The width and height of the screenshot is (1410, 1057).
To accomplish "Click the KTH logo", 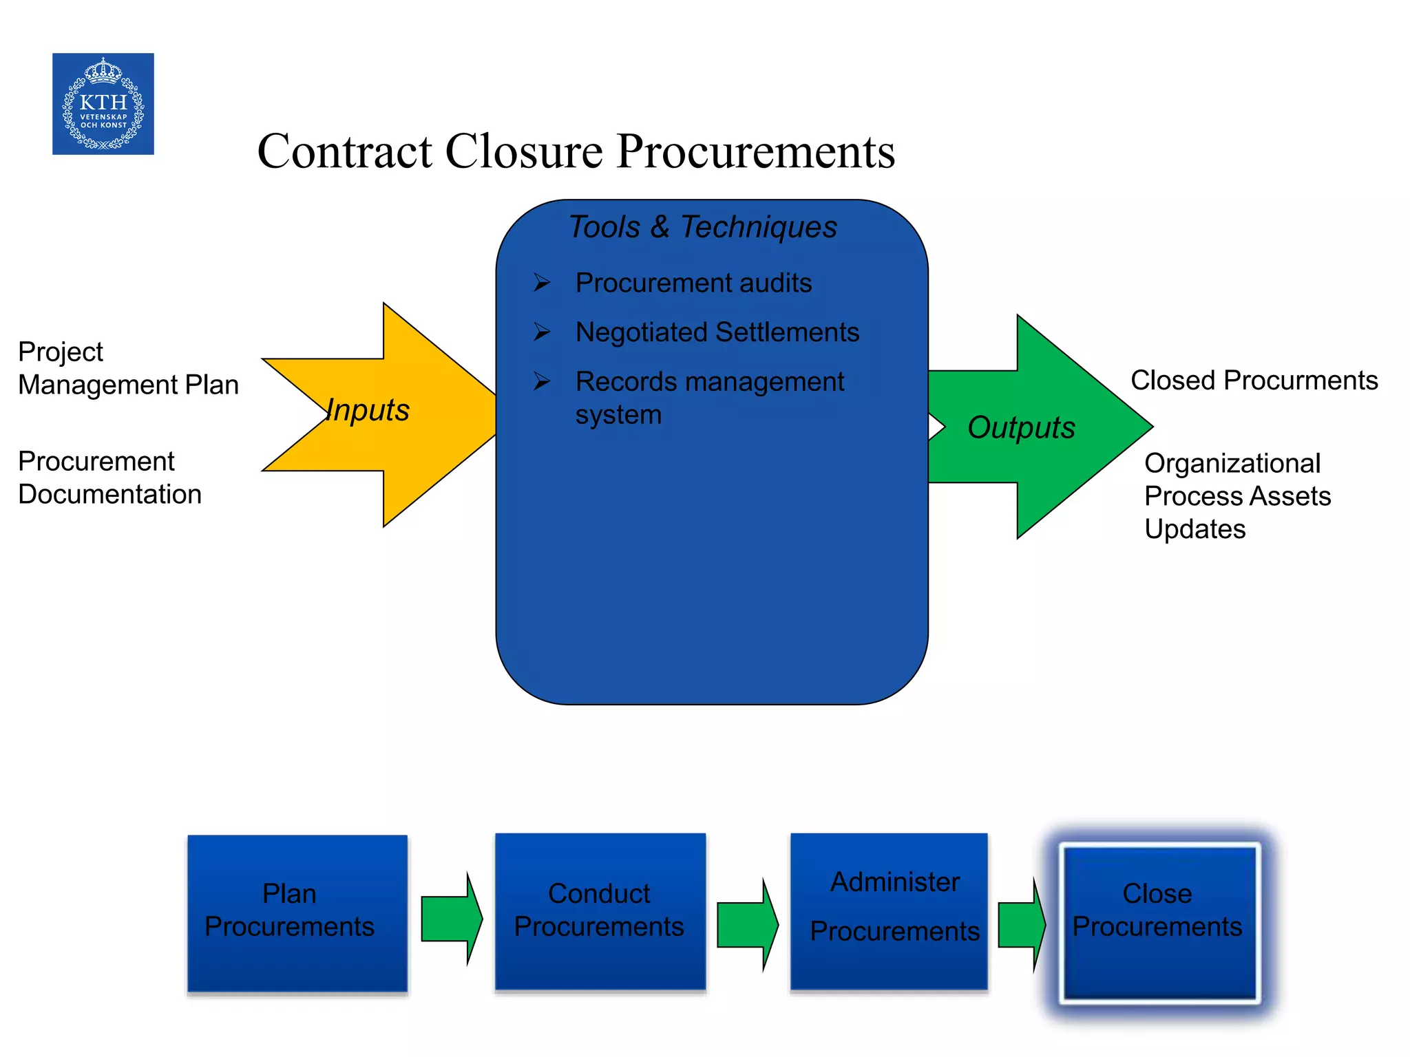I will [103, 104].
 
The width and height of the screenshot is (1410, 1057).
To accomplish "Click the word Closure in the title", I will [524, 151].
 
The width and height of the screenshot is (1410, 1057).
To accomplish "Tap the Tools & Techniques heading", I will [703, 227].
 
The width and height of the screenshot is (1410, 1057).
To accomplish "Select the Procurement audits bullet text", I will [693, 283].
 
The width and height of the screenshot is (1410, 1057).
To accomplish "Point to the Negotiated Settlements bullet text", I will [717, 332].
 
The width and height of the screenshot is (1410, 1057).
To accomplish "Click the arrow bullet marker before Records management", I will [542, 381].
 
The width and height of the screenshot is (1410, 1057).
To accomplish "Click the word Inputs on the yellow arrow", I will [368, 410].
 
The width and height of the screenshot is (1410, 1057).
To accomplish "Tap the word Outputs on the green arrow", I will [1021, 427].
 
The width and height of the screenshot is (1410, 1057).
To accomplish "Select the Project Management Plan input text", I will [128, 368].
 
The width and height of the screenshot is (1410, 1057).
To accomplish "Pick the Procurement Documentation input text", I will [109, 478].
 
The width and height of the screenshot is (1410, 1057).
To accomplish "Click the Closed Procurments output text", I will [1254, 381].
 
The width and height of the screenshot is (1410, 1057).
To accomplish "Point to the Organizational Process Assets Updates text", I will [1237, 496].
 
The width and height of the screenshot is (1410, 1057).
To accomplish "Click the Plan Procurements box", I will [297, 912].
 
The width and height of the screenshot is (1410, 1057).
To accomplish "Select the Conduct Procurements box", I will [600, 911].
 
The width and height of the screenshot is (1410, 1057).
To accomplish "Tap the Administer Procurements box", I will [889, 911].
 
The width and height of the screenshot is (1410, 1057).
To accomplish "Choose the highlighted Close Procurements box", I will [1159, 921].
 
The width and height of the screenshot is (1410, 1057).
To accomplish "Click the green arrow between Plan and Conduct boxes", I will [451, 919].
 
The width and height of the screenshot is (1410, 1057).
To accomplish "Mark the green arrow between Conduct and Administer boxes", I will [747, 925].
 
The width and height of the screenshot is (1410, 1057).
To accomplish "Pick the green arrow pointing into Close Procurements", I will [1021, 925].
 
